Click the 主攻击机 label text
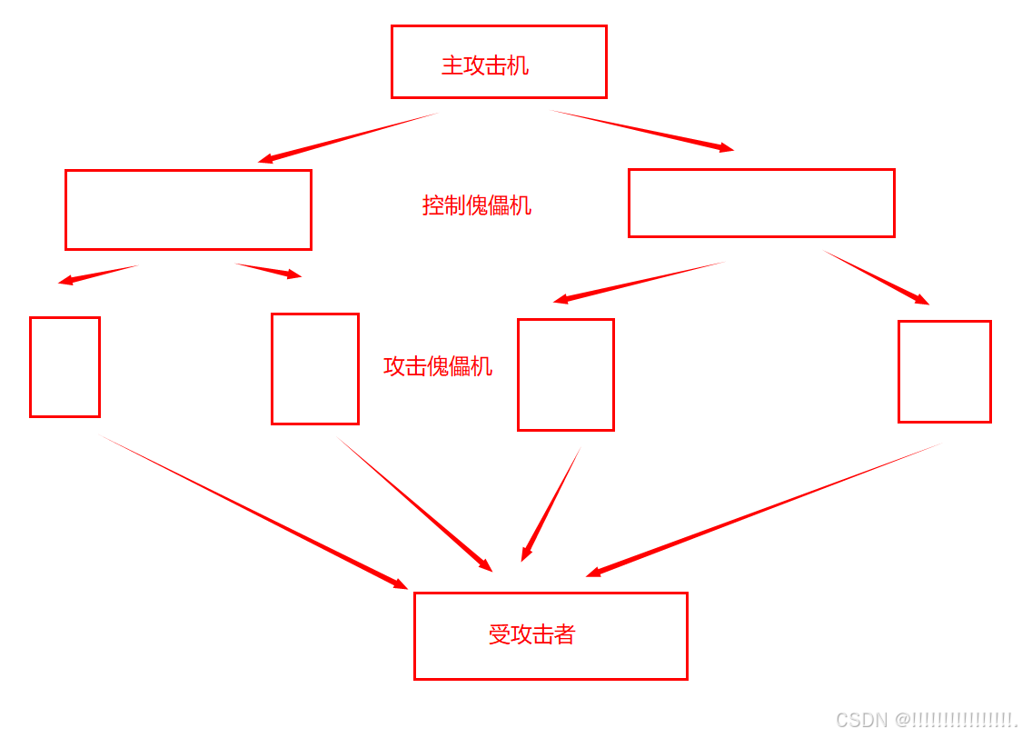click(x=484, y=65)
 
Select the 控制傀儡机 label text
click(x=476, y=205)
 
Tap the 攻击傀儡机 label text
click(x=438, y=366)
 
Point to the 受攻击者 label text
click(x=531, y=634)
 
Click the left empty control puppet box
click(x=188, y=209)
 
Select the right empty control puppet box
click(x=761, y=203)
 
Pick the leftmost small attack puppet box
click(x=64, y=367)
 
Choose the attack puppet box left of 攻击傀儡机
click(x=315, y=369)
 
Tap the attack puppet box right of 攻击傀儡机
click(x=566, y=374)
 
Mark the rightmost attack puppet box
click(x=944, y=371)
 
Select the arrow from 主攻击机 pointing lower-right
click(x=641, y=130)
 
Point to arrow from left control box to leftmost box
click(x=98, y=274)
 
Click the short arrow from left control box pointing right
click(x=269, y=270)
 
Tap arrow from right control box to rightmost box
click(x=876, y=277)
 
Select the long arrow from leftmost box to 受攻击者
click(x=254, y=512)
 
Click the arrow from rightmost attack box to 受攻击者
click(x=763, y=510)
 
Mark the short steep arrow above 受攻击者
click(x=551, y=504)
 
